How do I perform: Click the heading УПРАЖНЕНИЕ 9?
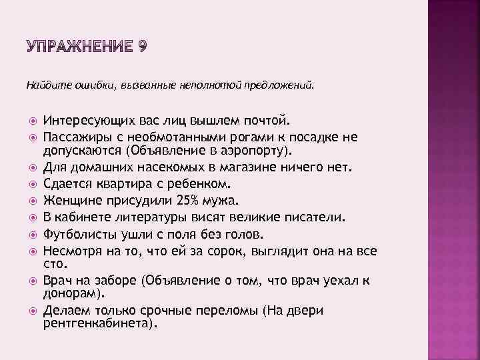tap(87, 47)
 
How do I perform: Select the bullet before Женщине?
tap(31, 199)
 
